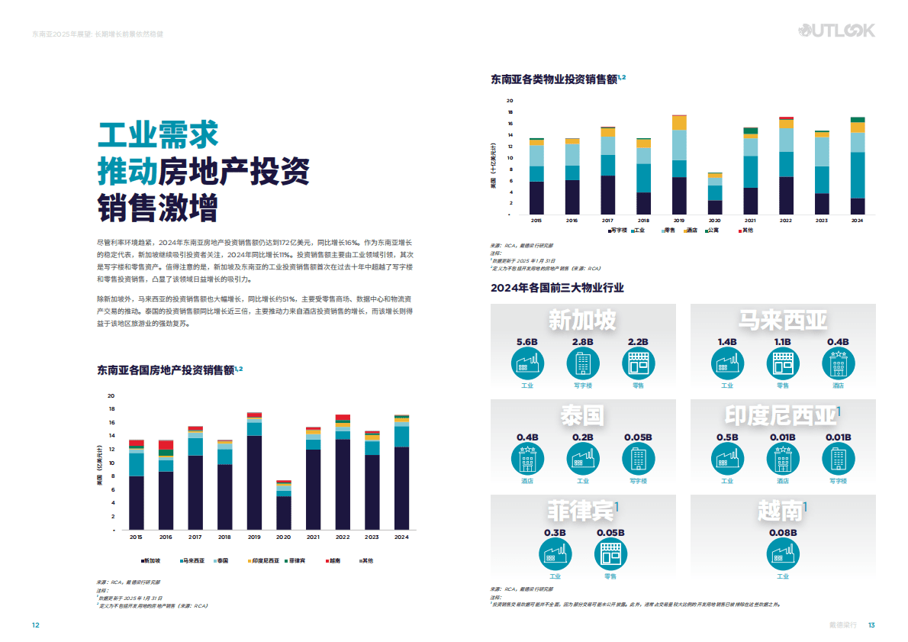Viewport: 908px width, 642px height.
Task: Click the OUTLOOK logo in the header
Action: click(x=836, y=31)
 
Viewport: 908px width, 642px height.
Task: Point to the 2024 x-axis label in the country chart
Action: click(x=401, y=537)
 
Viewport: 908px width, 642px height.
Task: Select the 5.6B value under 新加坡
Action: click(x=527, y=342)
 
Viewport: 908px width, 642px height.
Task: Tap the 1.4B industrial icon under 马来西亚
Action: click(x=727, y=363)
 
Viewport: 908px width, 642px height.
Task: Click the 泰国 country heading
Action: click(x=581, y=415)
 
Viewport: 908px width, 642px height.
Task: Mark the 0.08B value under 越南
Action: click(x=782, y=533)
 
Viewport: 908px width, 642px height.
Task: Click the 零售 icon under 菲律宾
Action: click(x=611, y=554)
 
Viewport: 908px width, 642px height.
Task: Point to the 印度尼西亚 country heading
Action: click(x=780, y=415)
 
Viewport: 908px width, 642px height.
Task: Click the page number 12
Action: click(x=35, y=625)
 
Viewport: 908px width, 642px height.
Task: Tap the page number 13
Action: click(x=871, y=625)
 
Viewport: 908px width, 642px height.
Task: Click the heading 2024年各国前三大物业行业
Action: click(x=557, y=288)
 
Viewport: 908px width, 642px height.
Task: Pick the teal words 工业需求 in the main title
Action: click(x=157, y=135)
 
